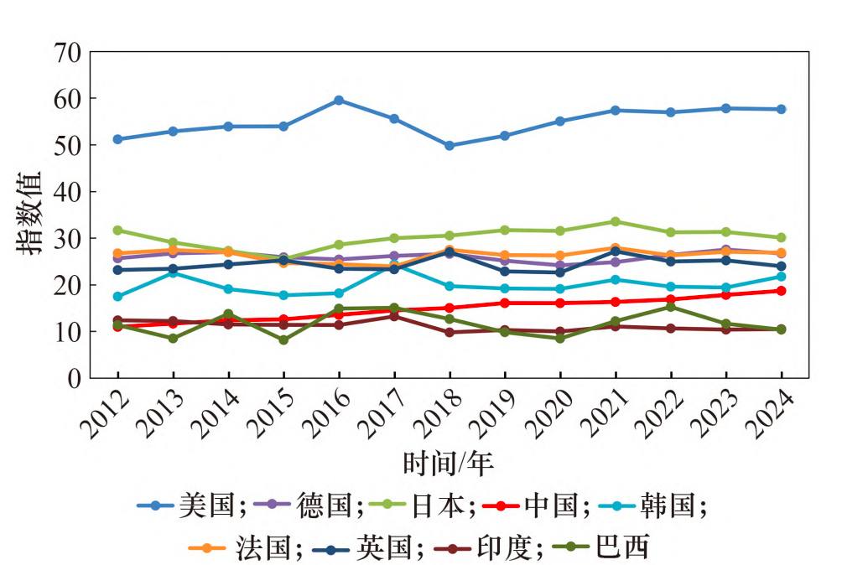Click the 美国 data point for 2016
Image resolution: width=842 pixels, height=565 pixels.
[x=339, y=100]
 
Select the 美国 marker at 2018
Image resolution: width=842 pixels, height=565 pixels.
[x=450, y=146]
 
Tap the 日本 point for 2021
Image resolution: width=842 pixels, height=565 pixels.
[x=616, y=222]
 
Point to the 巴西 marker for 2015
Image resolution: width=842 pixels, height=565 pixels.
[x=283, y=340]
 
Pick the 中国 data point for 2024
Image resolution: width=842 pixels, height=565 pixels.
[x=781, y=291]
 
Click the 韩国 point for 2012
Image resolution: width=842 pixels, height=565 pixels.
[x=117, y=297]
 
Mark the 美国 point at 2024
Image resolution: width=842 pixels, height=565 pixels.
[x=781, y=109]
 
